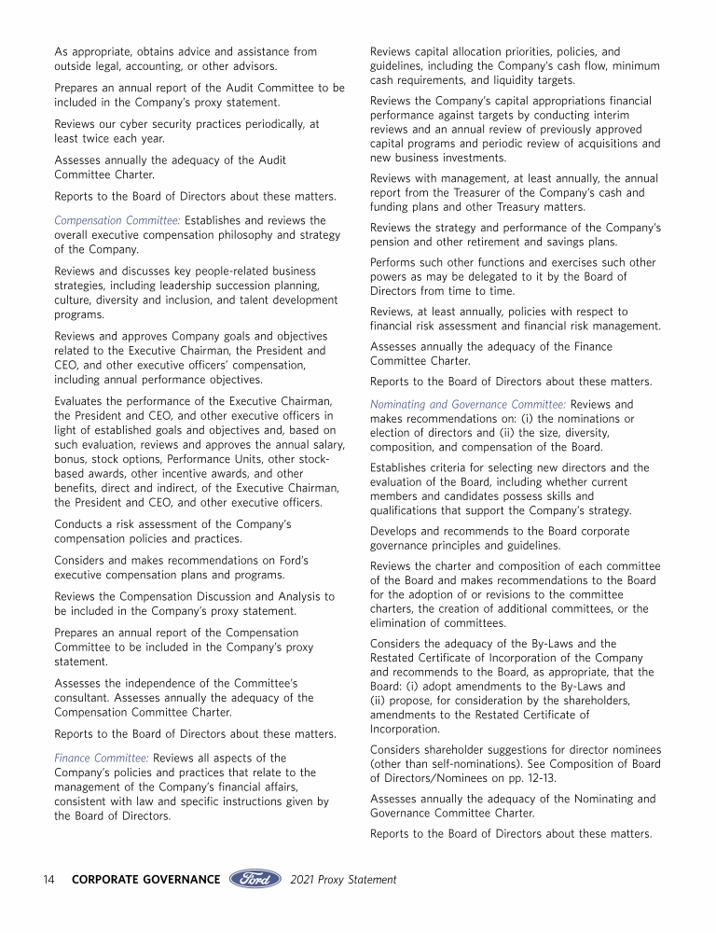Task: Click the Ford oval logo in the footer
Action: pos(254,879)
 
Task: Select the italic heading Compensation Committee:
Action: pos(117,220)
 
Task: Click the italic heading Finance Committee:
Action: pos(102,758)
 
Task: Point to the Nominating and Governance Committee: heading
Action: pos(468,405)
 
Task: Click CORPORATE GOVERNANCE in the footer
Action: pos(146,879)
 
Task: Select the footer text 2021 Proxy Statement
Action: pos(343,879)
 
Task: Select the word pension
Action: pos(392,241)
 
